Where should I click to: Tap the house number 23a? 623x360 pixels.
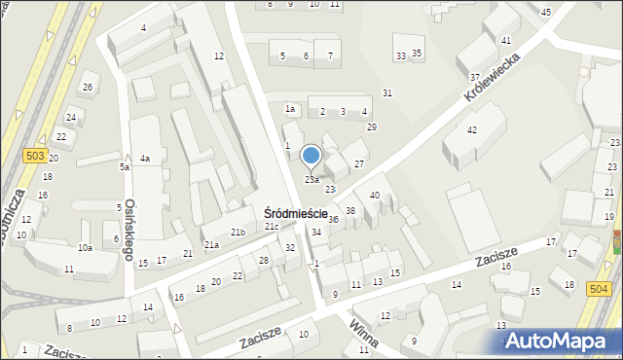coord(311,180)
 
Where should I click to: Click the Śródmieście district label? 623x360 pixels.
coord(302,213)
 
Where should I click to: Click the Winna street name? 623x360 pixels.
coord(365,333)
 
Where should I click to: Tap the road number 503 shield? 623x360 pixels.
coord(34,156)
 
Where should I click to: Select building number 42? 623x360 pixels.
coord(472,129)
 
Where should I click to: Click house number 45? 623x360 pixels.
coord(545,12)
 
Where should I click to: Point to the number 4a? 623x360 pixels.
coord(144,159)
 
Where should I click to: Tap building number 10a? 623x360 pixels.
coord(85,248)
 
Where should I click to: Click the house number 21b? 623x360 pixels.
coord(238,232)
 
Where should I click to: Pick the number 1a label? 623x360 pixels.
coord(289,109)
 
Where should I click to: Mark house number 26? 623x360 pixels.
coord(88,89)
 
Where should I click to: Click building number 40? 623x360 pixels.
coord(374,197)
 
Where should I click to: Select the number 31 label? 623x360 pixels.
coord(387,92)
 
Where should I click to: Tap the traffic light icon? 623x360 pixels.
coord(615,240)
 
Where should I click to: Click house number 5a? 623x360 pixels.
coord(125,167)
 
